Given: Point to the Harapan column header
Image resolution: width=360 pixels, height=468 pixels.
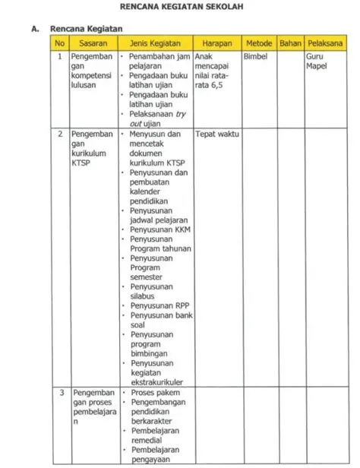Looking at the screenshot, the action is (x=216, y=44).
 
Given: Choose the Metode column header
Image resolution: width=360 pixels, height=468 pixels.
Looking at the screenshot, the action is (x=259, y=44).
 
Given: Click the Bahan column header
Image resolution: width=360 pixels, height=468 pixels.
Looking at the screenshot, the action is (x=289, y=44).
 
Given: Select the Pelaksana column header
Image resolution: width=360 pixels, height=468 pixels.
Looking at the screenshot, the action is (x=321, y=44).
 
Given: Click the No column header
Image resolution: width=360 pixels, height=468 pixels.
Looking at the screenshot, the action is (x=59, y=44).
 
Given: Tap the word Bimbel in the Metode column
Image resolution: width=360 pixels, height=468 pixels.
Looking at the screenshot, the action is (x=256, y=57).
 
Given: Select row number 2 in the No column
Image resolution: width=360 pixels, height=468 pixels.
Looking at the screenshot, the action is (x=60, y=134).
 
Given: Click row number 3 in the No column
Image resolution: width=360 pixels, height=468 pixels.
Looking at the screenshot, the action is (x=60, y=393).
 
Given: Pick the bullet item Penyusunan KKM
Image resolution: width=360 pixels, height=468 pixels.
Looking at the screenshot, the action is (x=159, y=229).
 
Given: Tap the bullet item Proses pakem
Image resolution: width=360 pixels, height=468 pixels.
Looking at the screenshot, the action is (x=155, y=393).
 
